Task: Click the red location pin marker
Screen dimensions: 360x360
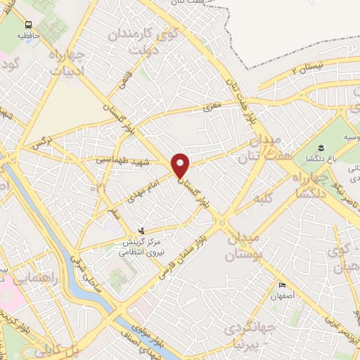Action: coord(181,165)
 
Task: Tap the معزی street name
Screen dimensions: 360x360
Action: coord(212,108)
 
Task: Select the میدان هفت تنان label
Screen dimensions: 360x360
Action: coord(269,148)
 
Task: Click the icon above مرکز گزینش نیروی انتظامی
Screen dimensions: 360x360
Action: coord(143,230)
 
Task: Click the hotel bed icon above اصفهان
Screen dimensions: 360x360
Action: coord(283,285)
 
